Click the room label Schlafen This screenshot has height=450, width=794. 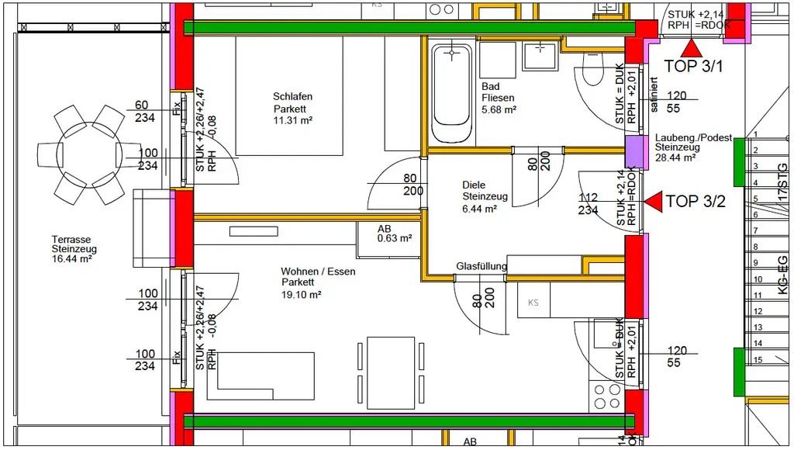[292, 97]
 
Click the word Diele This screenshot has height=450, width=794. [474, 185]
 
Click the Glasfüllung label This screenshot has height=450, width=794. [482, 266]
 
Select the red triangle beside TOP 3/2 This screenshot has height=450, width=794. [653, 202]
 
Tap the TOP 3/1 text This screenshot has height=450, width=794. [694, 67]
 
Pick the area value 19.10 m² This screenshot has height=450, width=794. [302, 294]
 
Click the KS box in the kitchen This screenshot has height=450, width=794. [533, 302]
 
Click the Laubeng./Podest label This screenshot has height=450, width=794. [693, 137]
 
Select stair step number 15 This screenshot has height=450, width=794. [758, 359]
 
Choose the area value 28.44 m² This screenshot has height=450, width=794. [675, 157]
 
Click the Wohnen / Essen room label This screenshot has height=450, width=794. [318, 272]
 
